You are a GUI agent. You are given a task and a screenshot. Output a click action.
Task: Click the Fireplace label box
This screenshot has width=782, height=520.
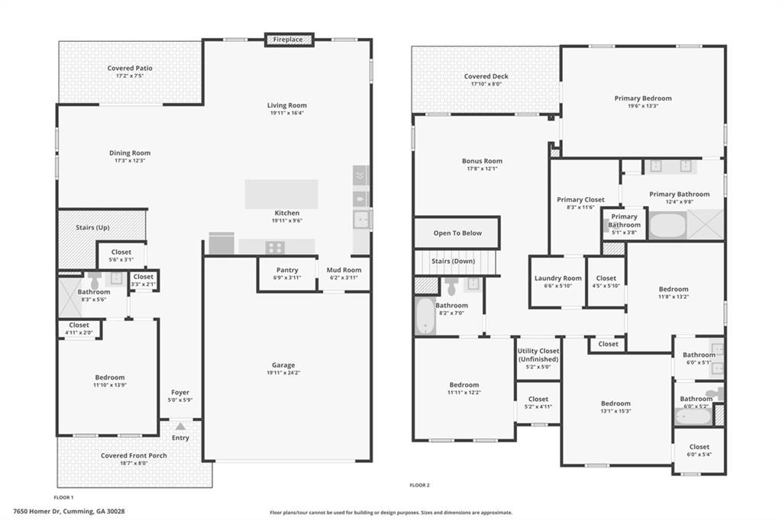pyautogui.click(x=289, y=40)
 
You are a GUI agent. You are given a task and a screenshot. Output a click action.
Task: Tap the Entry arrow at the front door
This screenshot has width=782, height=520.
pyautogui.click(x=180, y=427)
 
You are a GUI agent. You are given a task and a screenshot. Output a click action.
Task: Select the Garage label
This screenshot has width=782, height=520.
pyautogui.click(x=283, y=365)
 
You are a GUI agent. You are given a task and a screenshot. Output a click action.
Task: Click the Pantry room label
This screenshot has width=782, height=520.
pyautogui.click(x=287, y=270)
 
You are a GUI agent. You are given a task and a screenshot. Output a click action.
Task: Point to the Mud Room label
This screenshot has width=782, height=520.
pyautogui.click(x=344, y=270)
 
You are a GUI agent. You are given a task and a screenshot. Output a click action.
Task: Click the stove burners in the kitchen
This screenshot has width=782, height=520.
pyautogui.click(x=275, y=247)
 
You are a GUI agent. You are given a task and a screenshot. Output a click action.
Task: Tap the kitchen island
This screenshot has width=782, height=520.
pyautogui.click(x=281, y=194)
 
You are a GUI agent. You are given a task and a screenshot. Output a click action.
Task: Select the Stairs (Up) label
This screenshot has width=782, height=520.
pyautogui.click(x=92, y=227)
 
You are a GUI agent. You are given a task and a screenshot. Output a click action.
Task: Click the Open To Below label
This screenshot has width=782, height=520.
pyautogui.click(x=457, y=233)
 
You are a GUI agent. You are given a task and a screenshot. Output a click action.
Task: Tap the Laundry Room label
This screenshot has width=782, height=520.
pyautogui.click(x=557, y=278)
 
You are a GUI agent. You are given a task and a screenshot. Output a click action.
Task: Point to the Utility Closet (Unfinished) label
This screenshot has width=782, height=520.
pyautogui.click(x=538, y=355)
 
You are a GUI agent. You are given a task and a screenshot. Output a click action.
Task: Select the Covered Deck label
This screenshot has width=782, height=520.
pyautogui.click(x=486, y=76)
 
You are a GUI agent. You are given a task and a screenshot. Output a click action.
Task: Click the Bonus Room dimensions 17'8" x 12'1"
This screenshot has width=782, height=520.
pyautogui.click(x=482, y=169)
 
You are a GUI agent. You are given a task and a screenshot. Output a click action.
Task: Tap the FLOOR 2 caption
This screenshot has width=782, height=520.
pyautogui.click(x=419, y=485)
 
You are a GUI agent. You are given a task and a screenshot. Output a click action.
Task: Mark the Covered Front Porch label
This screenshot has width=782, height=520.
pyautogui.click(x=134, y=456)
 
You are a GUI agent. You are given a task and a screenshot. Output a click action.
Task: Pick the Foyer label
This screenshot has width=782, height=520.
pyautogui.click(x=179, y=393)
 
